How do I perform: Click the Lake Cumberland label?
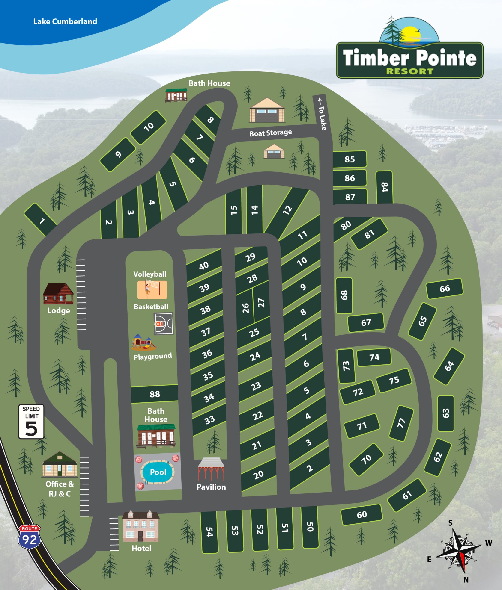65,22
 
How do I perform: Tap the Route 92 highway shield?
29,537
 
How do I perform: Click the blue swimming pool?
157,472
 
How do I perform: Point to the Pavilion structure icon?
211,469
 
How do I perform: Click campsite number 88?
155,394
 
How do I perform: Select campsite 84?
384,187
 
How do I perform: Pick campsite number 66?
445,289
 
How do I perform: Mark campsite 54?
209,532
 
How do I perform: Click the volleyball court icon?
152,290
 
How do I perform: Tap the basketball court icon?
163,324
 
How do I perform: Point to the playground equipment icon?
144,342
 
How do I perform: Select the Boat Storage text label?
270,133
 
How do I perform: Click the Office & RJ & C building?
60,465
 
